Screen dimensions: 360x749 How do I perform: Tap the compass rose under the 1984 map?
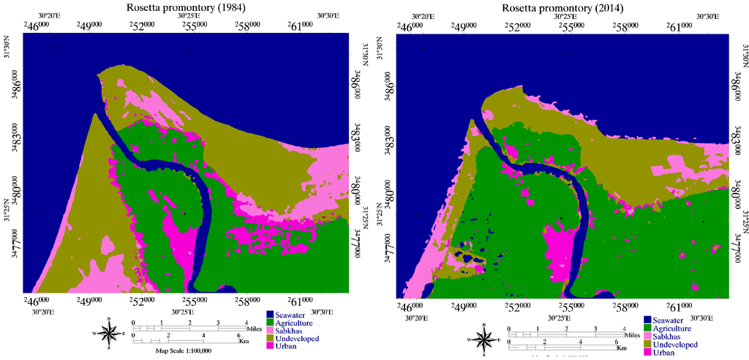(109, 335)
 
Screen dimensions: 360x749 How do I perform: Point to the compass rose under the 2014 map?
(484, 340)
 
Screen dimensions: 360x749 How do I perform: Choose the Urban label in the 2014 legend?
(664, 353)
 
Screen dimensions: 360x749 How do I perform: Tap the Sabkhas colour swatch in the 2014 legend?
(647, 337)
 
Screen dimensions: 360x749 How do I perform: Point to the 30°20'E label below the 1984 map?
(44, 312)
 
